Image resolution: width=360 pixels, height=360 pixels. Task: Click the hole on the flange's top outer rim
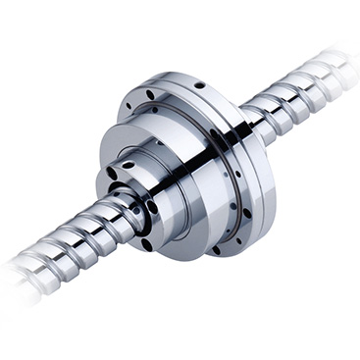click(x=199, y=85)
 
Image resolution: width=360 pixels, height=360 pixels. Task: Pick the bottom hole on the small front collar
click(x=146, y=243)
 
